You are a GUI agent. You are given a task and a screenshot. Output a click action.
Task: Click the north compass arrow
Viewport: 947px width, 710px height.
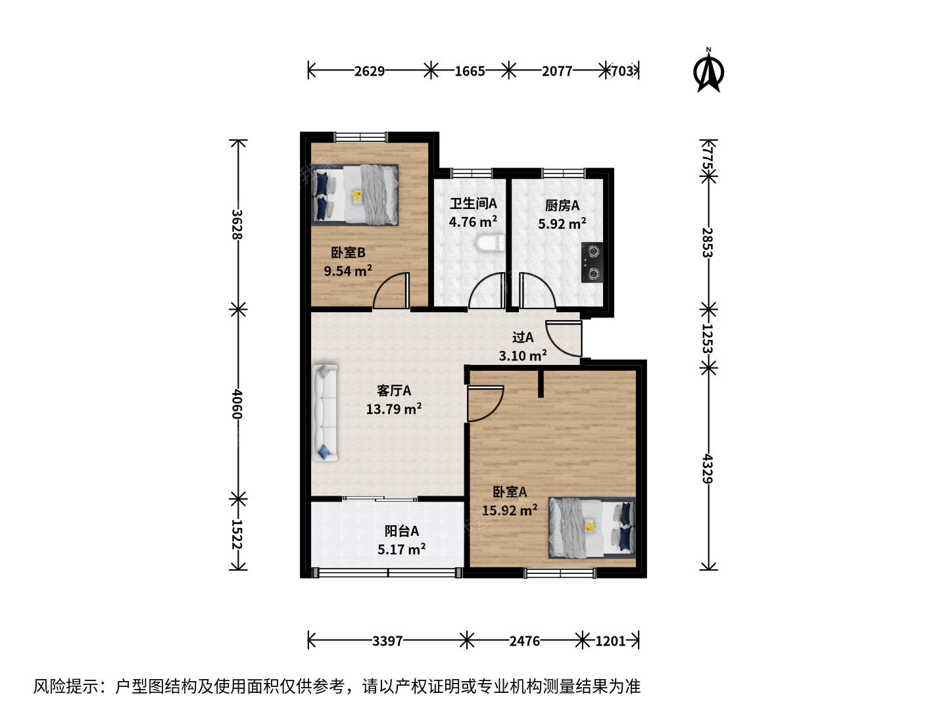[708, 72]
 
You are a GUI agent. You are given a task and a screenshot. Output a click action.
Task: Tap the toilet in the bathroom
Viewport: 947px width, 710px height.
[490, 243]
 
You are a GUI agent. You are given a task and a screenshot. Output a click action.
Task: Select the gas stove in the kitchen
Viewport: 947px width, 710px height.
[592, 262]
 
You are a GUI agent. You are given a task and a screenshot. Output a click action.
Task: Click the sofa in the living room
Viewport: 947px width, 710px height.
[325, 413]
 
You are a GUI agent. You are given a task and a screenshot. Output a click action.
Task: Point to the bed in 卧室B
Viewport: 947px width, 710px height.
[354, 195]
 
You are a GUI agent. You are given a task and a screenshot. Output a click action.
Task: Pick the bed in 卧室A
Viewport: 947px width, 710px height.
[592, 528]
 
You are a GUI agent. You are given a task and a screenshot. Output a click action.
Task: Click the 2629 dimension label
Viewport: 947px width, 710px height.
[370, 71]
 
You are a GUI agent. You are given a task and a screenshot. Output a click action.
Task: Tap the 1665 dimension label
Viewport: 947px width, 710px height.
[470, 71]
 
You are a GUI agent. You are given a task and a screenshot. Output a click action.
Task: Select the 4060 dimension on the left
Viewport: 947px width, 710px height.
[237, 404]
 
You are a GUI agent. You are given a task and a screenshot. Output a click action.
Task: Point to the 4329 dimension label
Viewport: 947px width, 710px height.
[708, 469]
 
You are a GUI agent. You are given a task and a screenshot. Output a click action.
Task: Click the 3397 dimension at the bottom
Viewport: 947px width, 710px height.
[387, 641]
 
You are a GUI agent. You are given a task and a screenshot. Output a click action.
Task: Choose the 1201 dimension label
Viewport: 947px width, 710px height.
[610, 641]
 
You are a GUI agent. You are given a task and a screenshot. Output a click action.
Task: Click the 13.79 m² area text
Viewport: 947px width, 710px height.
[394, 409]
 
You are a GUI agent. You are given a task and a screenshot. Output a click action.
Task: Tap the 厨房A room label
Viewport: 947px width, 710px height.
[562, 206]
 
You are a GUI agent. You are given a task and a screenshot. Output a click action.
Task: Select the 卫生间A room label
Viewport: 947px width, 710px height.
[473, 204]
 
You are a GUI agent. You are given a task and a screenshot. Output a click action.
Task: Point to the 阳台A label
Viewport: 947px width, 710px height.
[402, 531]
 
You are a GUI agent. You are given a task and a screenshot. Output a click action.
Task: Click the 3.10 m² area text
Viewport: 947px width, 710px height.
[523, 356]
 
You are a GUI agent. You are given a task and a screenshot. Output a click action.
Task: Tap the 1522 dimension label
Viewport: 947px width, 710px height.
[237, 534]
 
